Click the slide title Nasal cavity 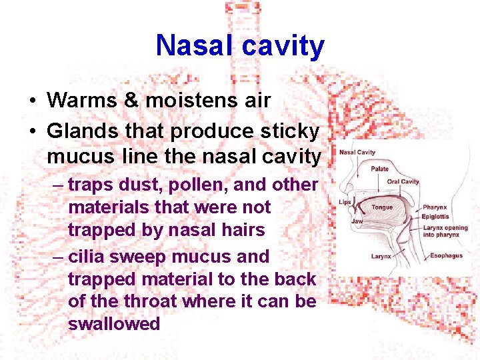[240, 46]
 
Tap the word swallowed [114, 325]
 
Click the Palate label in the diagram [379, 169]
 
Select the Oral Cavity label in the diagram [403, 181]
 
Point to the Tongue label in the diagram [382, 207]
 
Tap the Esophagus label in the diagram [446, 255]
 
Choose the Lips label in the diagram [345, 202]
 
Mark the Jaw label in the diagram [357, 221]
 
